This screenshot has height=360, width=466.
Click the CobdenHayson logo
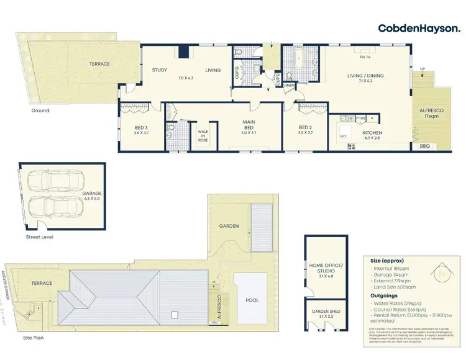420,27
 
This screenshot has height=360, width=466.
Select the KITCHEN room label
373,133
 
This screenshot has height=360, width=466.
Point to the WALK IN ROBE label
203,135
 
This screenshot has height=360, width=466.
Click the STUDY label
160,70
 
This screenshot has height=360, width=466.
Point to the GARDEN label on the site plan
229,227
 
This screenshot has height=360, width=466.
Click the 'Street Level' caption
40,237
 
